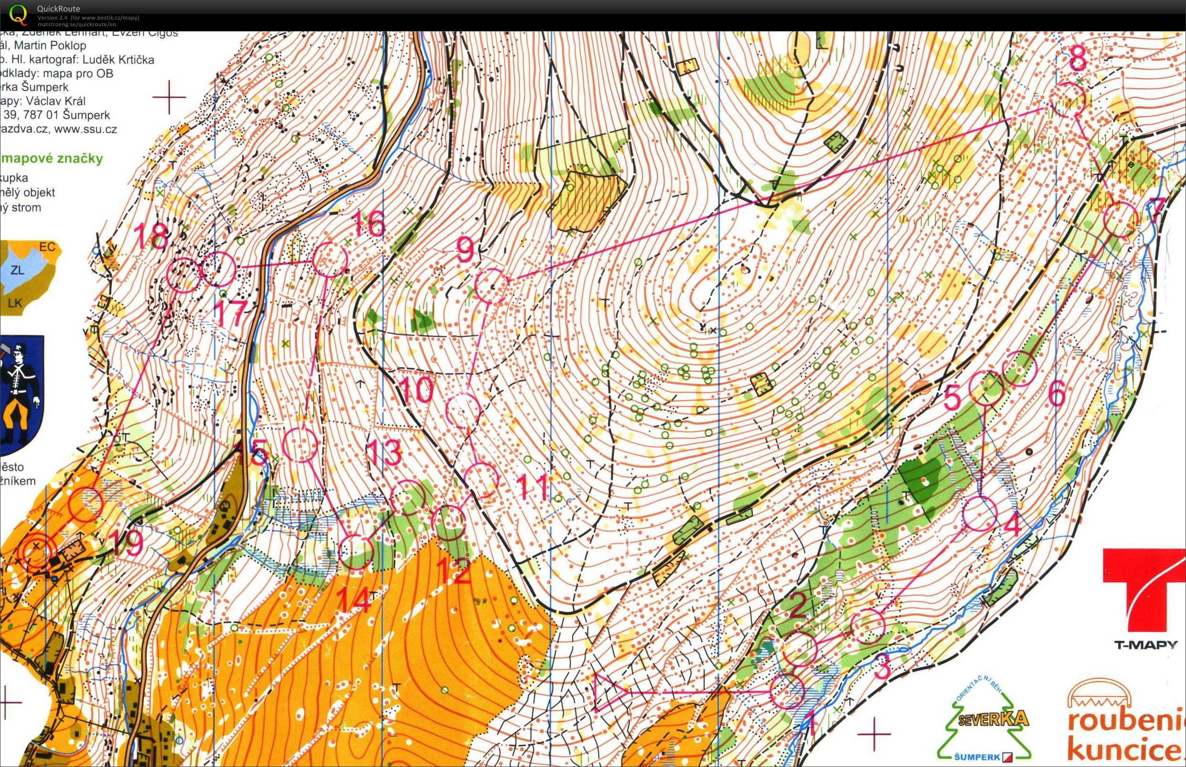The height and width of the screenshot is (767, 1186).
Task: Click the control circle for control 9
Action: click(492, 286)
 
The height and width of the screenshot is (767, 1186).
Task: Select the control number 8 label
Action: click(1077, 60)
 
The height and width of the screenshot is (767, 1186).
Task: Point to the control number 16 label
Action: click(369, 224)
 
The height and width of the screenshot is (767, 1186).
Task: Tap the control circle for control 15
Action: click(300, 445)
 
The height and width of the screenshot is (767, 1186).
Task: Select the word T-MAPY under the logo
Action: click(1145, 645)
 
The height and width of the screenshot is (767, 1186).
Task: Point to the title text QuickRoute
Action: click(58, 9)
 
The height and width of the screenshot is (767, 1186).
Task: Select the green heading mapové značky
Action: click(52, 159)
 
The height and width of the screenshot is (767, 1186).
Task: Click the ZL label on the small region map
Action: click(18, 270)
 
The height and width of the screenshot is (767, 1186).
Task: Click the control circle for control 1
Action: click(787, 691)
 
